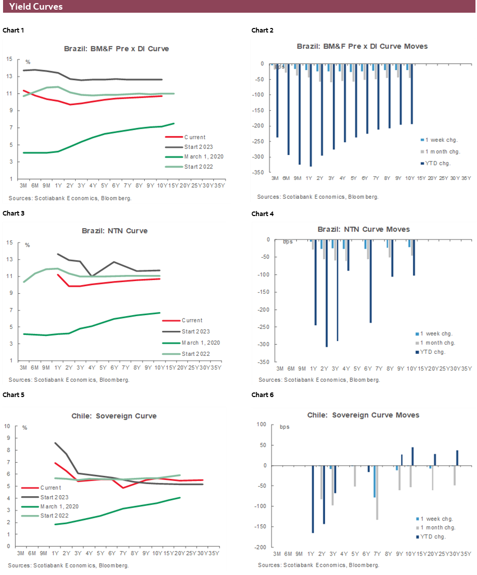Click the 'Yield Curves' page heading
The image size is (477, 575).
tap(36, 7)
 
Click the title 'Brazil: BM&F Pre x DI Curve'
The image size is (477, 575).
tap(116, 49)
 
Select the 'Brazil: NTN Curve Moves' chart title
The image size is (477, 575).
tap(364, 229)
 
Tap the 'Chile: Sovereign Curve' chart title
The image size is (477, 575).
tap(113, 416)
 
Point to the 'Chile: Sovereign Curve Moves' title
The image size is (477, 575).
tap(363, 415)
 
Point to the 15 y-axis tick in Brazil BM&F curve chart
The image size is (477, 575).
tap(10, 59)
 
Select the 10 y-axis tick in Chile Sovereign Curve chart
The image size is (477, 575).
tap(8, 426)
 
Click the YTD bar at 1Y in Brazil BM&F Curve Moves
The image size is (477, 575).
tap(310, 115)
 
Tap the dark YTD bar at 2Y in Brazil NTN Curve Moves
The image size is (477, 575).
tap(327, 293)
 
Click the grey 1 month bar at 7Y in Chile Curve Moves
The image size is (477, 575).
tap(377, 493)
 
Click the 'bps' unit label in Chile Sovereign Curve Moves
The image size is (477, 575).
tap(284, 427)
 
